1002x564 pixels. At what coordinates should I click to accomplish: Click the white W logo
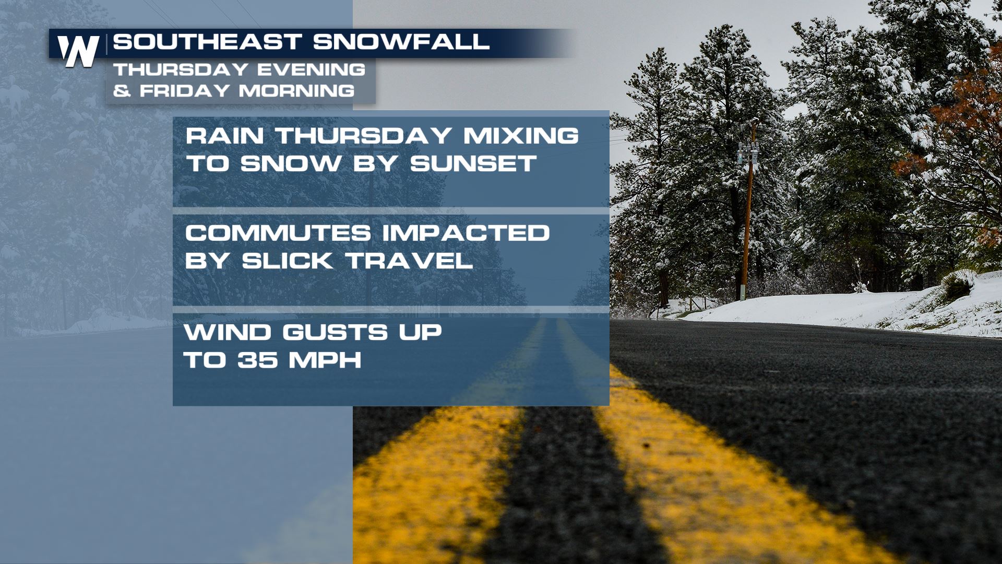[78, 51]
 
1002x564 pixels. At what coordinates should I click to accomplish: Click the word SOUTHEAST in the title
[208, 42]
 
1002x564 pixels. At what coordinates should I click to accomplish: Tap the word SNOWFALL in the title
[401, 42]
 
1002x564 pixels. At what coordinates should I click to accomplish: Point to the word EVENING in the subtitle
[311, 69]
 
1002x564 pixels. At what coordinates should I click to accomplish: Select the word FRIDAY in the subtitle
[185, 91]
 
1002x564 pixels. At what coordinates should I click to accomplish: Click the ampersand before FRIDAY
[122, 91]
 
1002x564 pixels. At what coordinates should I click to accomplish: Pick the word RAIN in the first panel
[225, 136]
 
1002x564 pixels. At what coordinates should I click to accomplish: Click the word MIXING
[521, 136]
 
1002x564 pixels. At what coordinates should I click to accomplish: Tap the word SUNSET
[473, 164]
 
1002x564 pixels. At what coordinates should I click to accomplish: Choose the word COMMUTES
[278, 233]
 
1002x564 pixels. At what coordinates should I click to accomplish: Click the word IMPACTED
[466, 233]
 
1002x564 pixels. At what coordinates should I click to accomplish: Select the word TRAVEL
[409, 261]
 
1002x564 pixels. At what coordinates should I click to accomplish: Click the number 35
[258, 360]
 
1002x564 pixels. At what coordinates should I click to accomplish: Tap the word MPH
[325, 360]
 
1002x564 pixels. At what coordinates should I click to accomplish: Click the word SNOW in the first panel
[291, 164]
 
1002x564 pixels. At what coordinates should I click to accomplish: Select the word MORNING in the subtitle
[297, 91]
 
